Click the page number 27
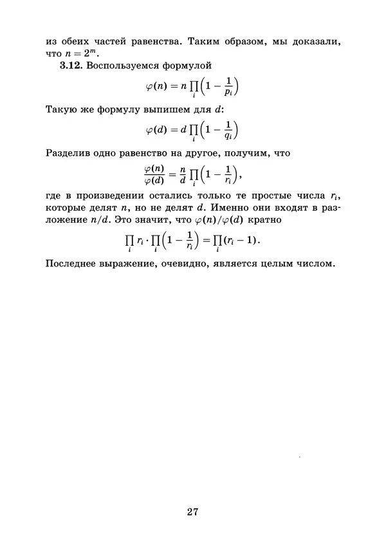[192, 512]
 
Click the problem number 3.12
[71, 66]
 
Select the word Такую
[62, 109]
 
